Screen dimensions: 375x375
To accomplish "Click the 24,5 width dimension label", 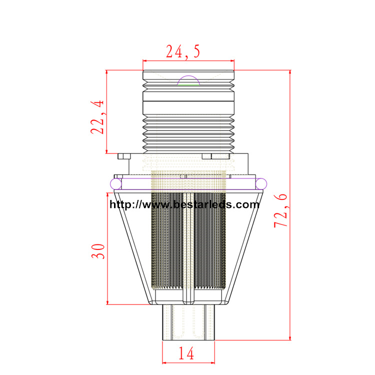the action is pos(183,51).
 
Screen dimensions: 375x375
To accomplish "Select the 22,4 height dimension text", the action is pos(97,117).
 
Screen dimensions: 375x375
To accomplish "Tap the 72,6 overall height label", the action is pos(280,210).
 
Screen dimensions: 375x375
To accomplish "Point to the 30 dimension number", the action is pos(98,251).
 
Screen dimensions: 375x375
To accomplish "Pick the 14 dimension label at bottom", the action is pos(186,353).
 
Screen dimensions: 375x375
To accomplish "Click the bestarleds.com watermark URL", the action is pos(184,204).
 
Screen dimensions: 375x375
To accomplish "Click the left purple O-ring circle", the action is pos(116,184).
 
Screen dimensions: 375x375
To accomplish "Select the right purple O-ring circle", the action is pos(261,184).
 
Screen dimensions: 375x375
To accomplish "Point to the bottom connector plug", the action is pos(188,322).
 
